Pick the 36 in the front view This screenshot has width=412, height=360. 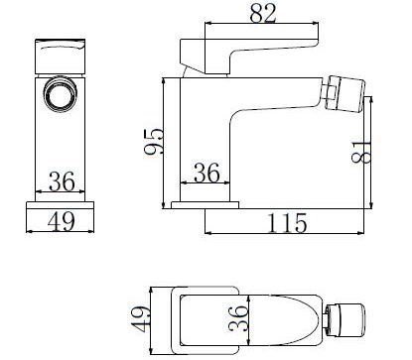(62, 182)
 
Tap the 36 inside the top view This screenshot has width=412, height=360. (236, 319)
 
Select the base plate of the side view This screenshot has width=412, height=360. (204, 203)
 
